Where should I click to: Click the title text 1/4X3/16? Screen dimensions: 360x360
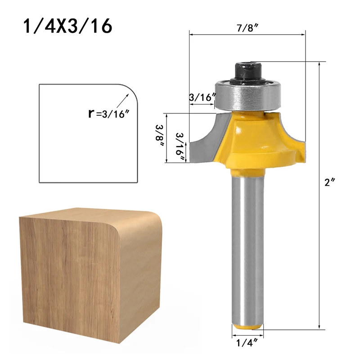(x=67, y=26)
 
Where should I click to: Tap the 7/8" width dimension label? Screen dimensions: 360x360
(x=247, y=27)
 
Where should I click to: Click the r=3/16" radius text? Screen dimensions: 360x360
(x=108, y=113)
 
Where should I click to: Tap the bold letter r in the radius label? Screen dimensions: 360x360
(x=91, y=113)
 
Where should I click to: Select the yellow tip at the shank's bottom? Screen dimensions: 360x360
(x=247, y=327)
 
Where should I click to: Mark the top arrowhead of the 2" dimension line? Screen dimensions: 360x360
(x=320, y=65)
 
